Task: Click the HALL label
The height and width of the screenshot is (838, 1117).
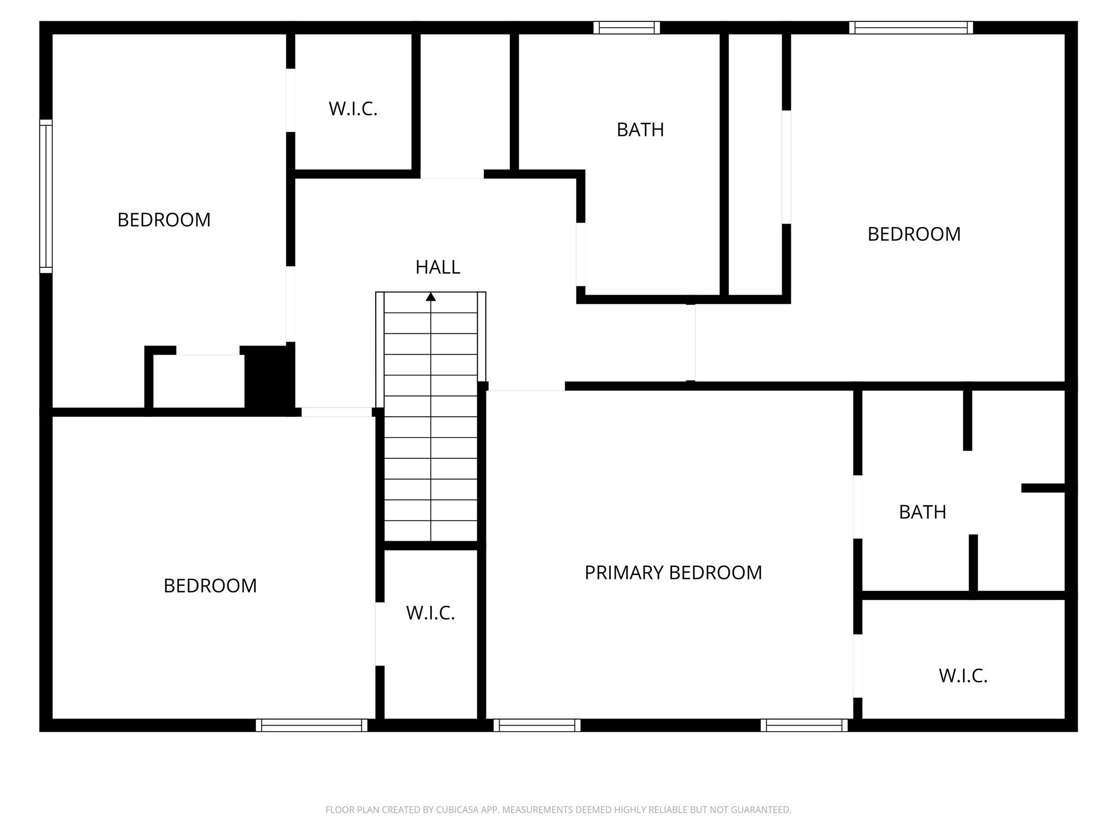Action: click(437, 267)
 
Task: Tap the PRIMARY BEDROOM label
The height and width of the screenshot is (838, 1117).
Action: click(673, 573)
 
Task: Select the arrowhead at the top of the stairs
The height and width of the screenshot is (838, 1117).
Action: click(431, 297)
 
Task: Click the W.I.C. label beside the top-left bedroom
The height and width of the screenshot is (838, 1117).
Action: click(353, 109)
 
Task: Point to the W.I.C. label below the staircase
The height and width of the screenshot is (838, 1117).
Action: click(430, 613)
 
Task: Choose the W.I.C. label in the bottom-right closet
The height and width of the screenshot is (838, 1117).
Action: click(963, 676)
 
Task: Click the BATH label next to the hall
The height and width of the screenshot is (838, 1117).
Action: click(640, 130)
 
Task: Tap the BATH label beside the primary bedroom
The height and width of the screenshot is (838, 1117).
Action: click(922, 512)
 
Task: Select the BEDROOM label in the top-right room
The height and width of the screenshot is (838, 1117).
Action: click(914, 234)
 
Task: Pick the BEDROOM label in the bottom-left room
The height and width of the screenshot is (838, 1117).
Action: click(210, 586)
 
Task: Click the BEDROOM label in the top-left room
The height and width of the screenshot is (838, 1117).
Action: click(164, 220)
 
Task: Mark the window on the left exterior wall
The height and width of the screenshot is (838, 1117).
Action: click(46, 196)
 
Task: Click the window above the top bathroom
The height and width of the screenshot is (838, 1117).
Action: click(627, 28)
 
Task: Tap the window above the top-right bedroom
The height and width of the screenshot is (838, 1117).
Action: click(911, 28)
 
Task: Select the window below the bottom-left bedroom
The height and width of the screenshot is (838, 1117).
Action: click(311, 725)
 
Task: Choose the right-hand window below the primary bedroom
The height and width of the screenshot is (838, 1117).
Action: click(804, 725)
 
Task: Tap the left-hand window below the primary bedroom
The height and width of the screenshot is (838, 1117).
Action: click(537, 725)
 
